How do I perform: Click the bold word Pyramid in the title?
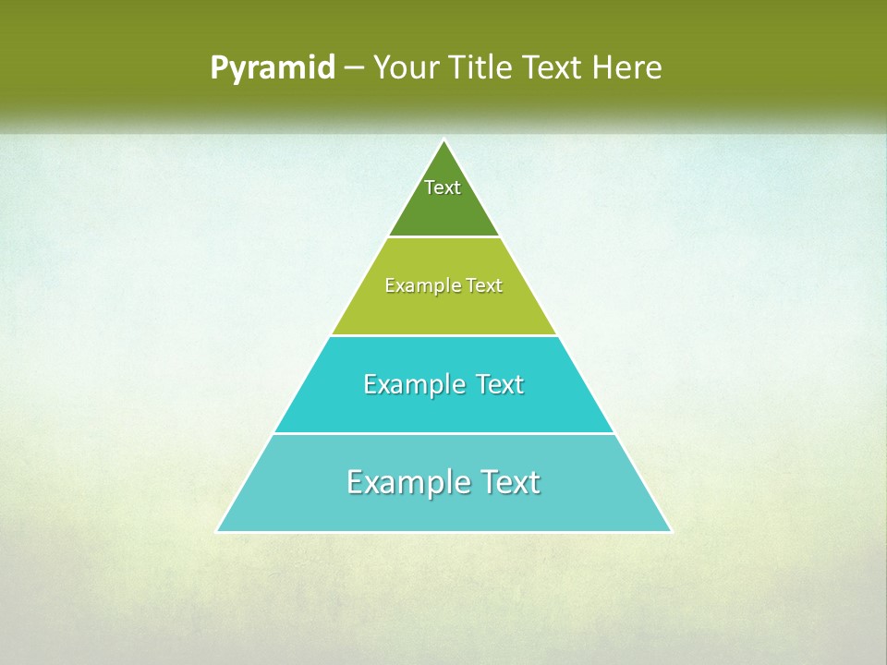click(x=273, y=68)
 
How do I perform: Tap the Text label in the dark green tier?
click(x=443, y=187)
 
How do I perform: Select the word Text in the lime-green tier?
click(x=484, y=286)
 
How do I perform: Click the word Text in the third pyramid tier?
click(x=500, y=384)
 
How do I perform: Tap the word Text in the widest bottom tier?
click(x=509, y=482)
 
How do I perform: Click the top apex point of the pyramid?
click(x=443, y=140)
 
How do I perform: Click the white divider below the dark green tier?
click(x=443, y=237)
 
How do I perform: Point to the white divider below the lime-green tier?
click(x=443, y=335)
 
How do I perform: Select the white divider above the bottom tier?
click(x=443, y=433)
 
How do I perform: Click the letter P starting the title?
click(x=218, y=68)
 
